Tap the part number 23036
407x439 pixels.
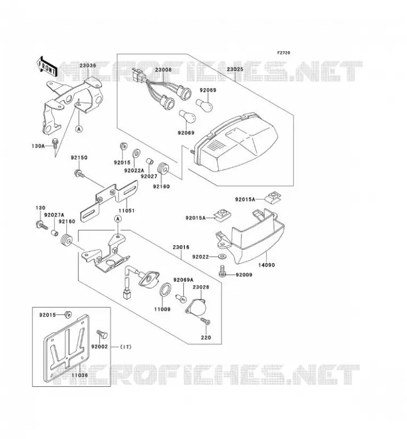pos(88,65)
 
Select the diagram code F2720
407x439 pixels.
pos(284,53)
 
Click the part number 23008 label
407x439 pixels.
pos(163,70)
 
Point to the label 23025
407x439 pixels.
pos(235,69)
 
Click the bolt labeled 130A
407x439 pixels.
pos(55,143)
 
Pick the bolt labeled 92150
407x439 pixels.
pos(78,173)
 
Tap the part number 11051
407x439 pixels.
pos(126,211)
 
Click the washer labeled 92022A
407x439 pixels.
pos(137,153)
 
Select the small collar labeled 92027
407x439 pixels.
pos(150,161)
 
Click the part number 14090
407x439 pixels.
pos(266,265)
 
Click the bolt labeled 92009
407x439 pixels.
pos(223,271)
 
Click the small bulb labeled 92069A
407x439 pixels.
pos(180,299)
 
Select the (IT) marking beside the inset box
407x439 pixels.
pos(126,347)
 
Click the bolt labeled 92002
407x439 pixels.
pos(102,334)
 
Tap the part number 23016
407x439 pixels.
pos(181,247)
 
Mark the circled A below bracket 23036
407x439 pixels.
pos(80,129)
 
